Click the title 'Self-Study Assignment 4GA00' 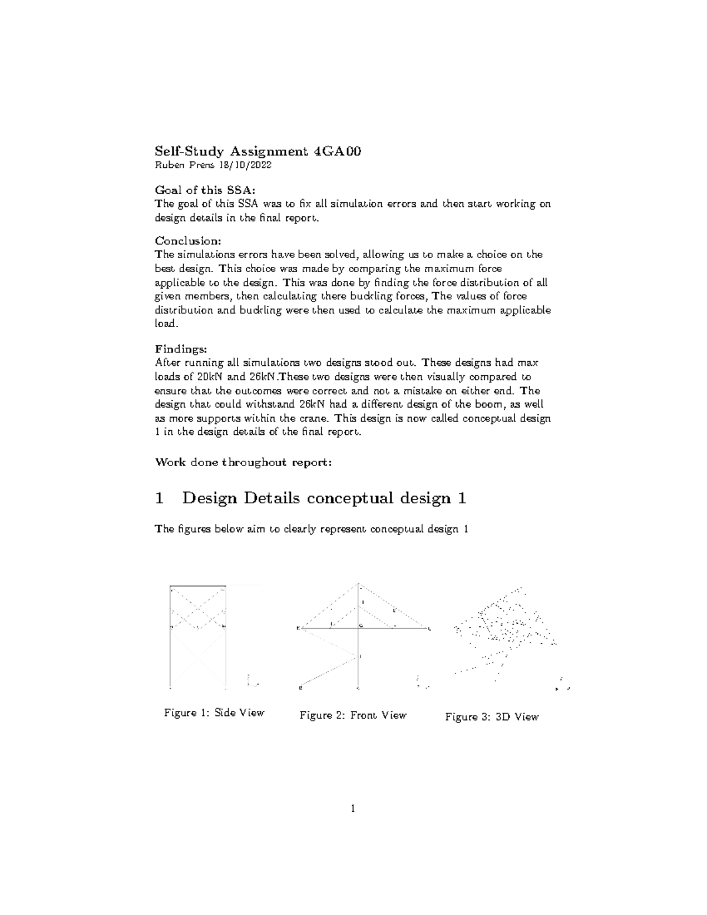point(257,151)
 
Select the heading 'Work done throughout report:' point(243,462)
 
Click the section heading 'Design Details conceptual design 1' point(324,498)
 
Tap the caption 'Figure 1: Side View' point(214,713)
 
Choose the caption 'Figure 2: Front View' point(353,715)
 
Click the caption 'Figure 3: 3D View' point(492,717)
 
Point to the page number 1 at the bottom point(353,808)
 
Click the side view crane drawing point(198,636)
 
